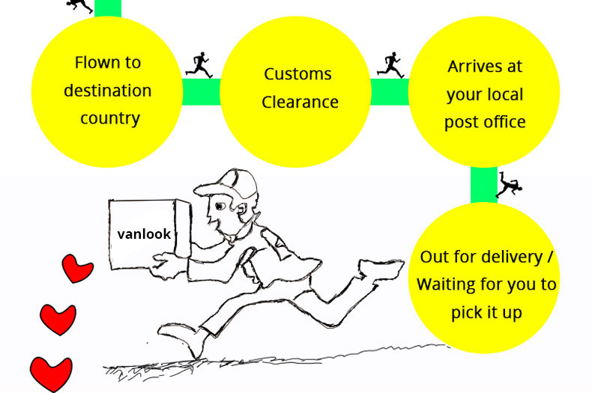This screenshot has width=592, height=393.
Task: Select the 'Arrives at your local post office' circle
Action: [484, 92]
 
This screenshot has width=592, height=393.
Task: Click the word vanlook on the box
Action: [144, 234]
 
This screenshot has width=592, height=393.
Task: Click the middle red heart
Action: [58, 319]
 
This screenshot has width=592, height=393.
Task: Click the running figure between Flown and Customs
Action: [199, 64]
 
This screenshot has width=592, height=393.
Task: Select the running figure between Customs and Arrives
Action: [390, 64]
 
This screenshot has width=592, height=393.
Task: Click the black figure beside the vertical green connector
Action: [508, 185]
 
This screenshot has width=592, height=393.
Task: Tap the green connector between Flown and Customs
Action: [201, 92]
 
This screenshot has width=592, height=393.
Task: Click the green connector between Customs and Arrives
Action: [390, 92]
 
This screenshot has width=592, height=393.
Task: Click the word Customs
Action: [297, 74]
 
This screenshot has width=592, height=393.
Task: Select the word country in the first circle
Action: [107, 118]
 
